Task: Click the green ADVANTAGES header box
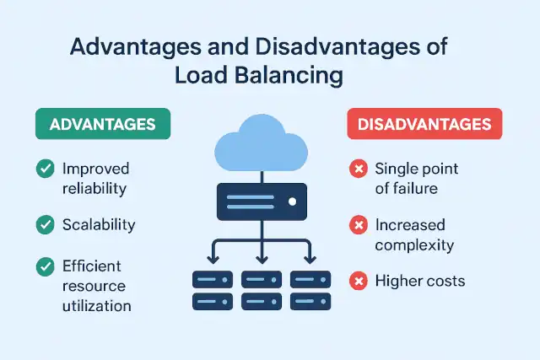(103, 124)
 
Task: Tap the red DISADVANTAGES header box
(424, 124)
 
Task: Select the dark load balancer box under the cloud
(262, 202)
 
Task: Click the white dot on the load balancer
(292, 202)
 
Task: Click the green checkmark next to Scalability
(45, 225)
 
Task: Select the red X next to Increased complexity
(358, 226)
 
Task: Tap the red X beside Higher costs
(358, 281)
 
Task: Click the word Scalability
(99, 225)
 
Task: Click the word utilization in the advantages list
(96, 305)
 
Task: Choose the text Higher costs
(419, 281)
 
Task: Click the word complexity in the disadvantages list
(414, 245)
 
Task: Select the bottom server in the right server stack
(310, 300)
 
